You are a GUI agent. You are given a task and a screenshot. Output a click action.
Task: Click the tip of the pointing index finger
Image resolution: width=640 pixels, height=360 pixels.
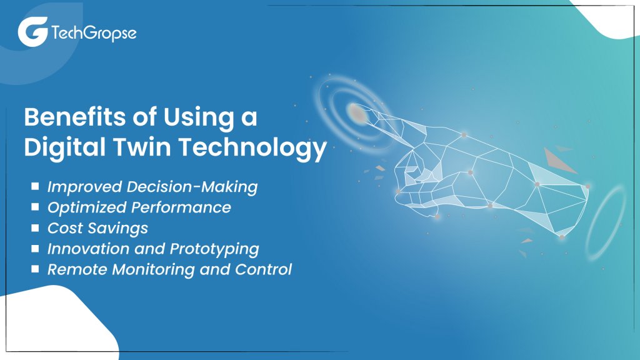[357, 112]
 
